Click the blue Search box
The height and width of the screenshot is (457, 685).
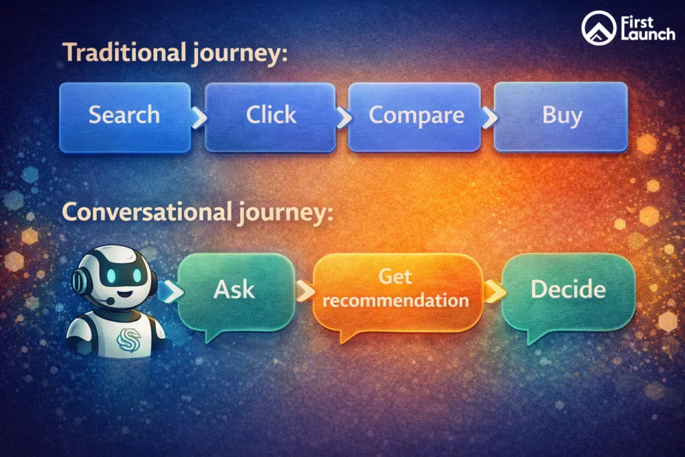pyautogui.click(x=124, y=116)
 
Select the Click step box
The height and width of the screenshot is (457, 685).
pyautogui.click(x=270, y=116)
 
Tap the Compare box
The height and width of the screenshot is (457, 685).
pyautogui.click(x=415, y=116)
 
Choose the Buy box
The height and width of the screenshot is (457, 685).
pyautogui.click(x=561, y=116)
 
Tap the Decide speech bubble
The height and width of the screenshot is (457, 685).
pyautogui.click(x=567, y=290)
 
